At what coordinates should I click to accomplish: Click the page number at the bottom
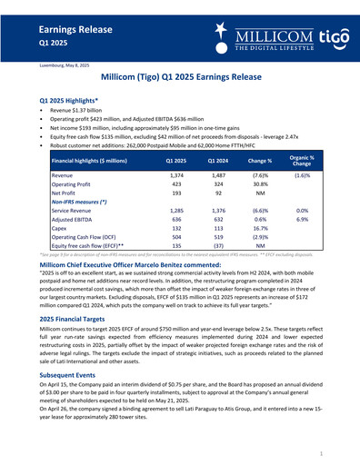[321, 450]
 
